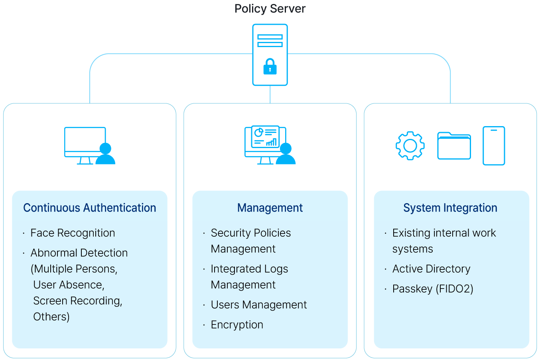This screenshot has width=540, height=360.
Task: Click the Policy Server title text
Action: coord(270,9)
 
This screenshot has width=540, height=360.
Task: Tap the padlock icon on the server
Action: coord(270,67)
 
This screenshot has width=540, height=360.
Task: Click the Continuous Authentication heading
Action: coord(90,208)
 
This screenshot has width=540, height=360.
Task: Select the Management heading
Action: coord(270,208)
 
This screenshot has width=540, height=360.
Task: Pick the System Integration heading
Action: coord(450,208)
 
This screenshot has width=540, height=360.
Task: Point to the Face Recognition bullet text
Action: coord(73,233)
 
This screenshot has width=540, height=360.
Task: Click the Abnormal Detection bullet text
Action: coord(79,253)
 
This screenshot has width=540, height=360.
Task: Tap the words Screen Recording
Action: coord(78,301)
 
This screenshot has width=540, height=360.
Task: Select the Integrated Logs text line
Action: coord(249,269)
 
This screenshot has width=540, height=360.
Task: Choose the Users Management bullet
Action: coord(259,305)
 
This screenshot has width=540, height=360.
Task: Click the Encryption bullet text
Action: coord(237,325)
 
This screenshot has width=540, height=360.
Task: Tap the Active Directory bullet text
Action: coord(432,269)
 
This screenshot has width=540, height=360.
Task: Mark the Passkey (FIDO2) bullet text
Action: coord(433,289)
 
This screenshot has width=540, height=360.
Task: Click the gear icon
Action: coord(410,146)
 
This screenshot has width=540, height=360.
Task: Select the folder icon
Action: coord(454,146)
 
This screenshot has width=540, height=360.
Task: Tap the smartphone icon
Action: coord(494,146)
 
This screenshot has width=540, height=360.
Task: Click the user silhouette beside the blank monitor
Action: coord(106,154)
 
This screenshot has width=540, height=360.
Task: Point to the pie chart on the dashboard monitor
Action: coord(258,133)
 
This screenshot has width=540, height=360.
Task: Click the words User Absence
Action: coord(69,285)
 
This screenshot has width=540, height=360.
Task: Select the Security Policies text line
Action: coord(251,233)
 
